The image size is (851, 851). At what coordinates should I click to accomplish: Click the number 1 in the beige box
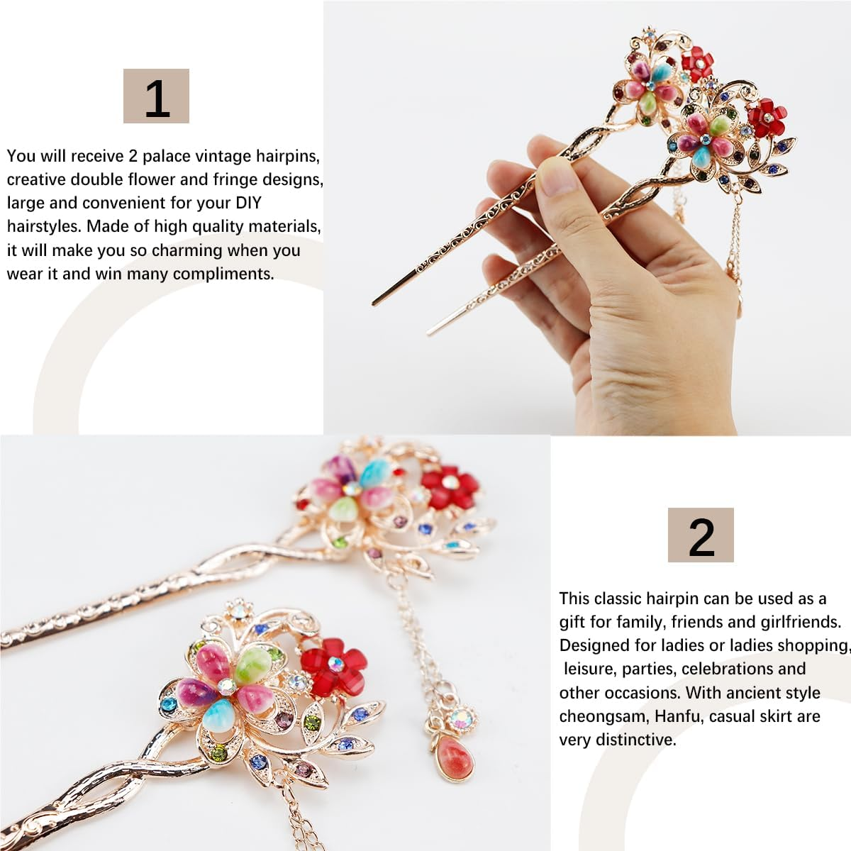[x=157, y=97]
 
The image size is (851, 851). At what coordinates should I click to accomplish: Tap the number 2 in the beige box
[x=701, y=536]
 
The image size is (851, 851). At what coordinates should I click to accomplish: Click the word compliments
[x=223, y=274]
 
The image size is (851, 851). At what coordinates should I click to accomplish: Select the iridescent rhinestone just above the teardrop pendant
[x=463, y=717]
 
